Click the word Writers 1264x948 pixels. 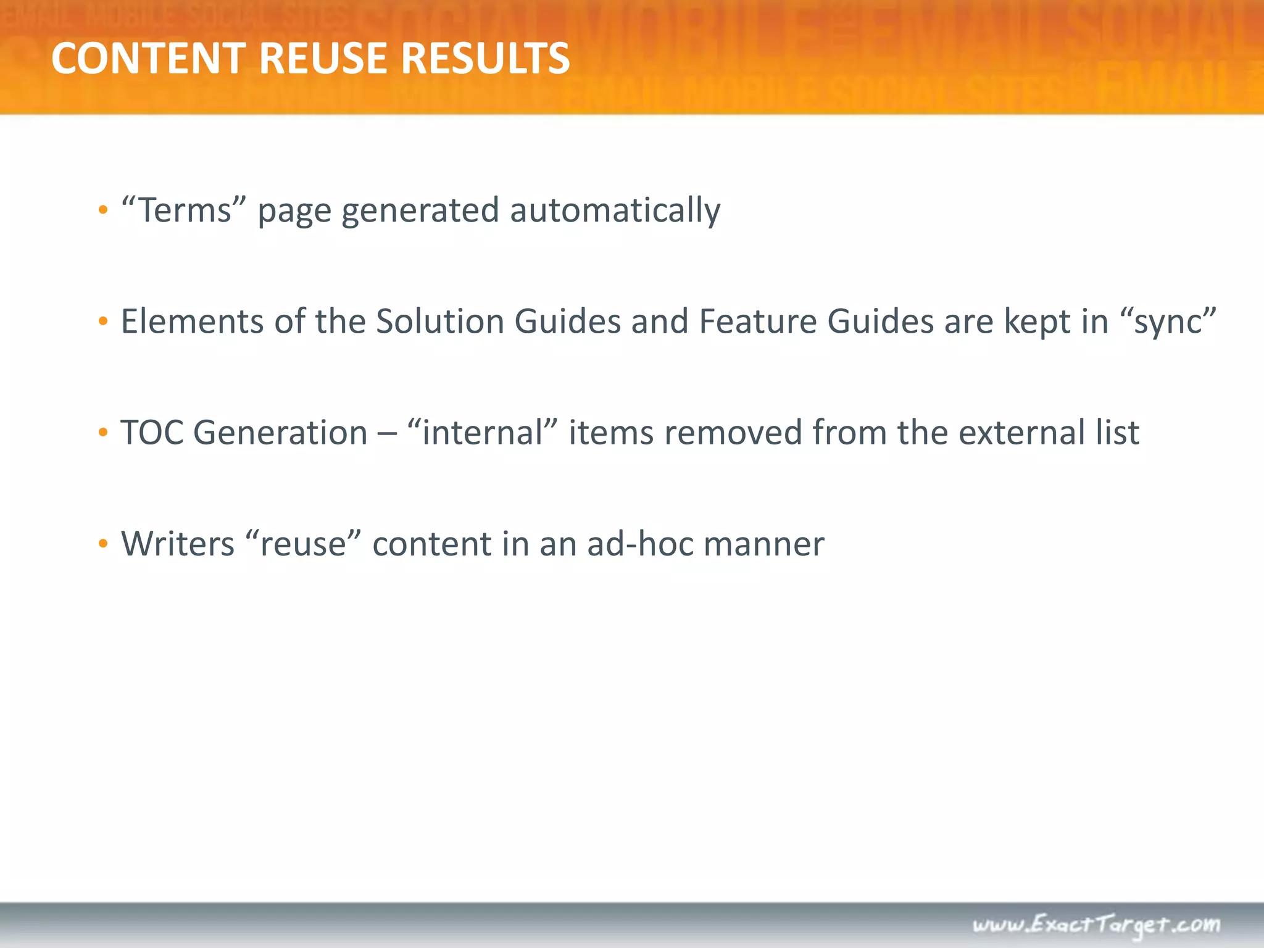pyautogui.click(x=178, y=544)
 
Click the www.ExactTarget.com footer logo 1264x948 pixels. pyautogui.click(x=1096, y=925)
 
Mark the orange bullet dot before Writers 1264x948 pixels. pyautogui.click(x=103, y=544)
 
